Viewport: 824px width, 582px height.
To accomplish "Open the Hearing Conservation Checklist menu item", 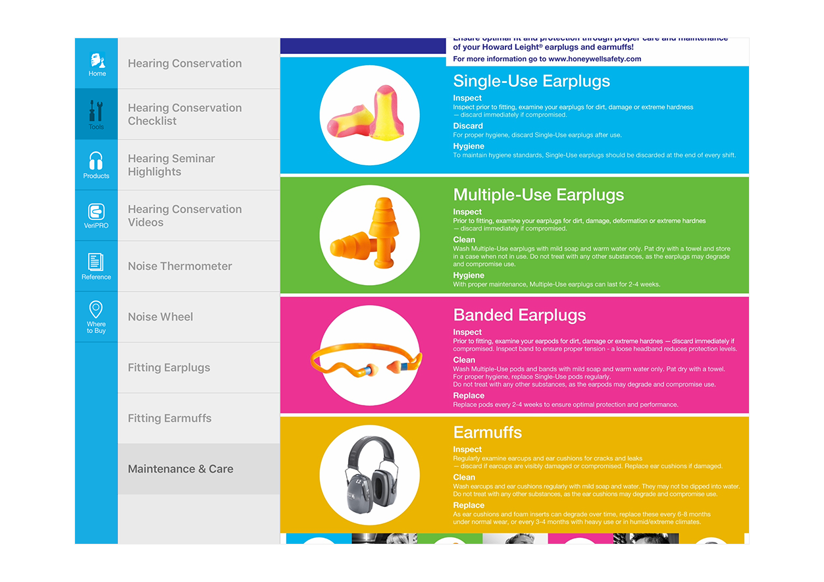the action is (185, 114).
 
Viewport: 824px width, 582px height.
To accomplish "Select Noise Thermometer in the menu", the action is (180, 266).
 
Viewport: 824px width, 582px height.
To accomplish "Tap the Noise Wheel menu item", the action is (161, 317).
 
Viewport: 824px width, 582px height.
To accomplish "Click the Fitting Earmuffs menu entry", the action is (170, 418).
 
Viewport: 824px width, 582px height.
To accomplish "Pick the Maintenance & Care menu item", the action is (180, 469).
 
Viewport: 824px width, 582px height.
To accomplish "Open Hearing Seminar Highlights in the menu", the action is (171, 165).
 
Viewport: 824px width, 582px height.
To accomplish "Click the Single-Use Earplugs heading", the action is (532, 81).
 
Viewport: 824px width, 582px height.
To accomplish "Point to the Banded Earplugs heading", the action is (519, 315).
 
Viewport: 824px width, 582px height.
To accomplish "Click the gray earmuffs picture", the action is (372, 475).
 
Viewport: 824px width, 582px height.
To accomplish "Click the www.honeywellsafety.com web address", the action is (594, 59).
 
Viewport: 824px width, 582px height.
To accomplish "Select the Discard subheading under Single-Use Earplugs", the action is (468, 126).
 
